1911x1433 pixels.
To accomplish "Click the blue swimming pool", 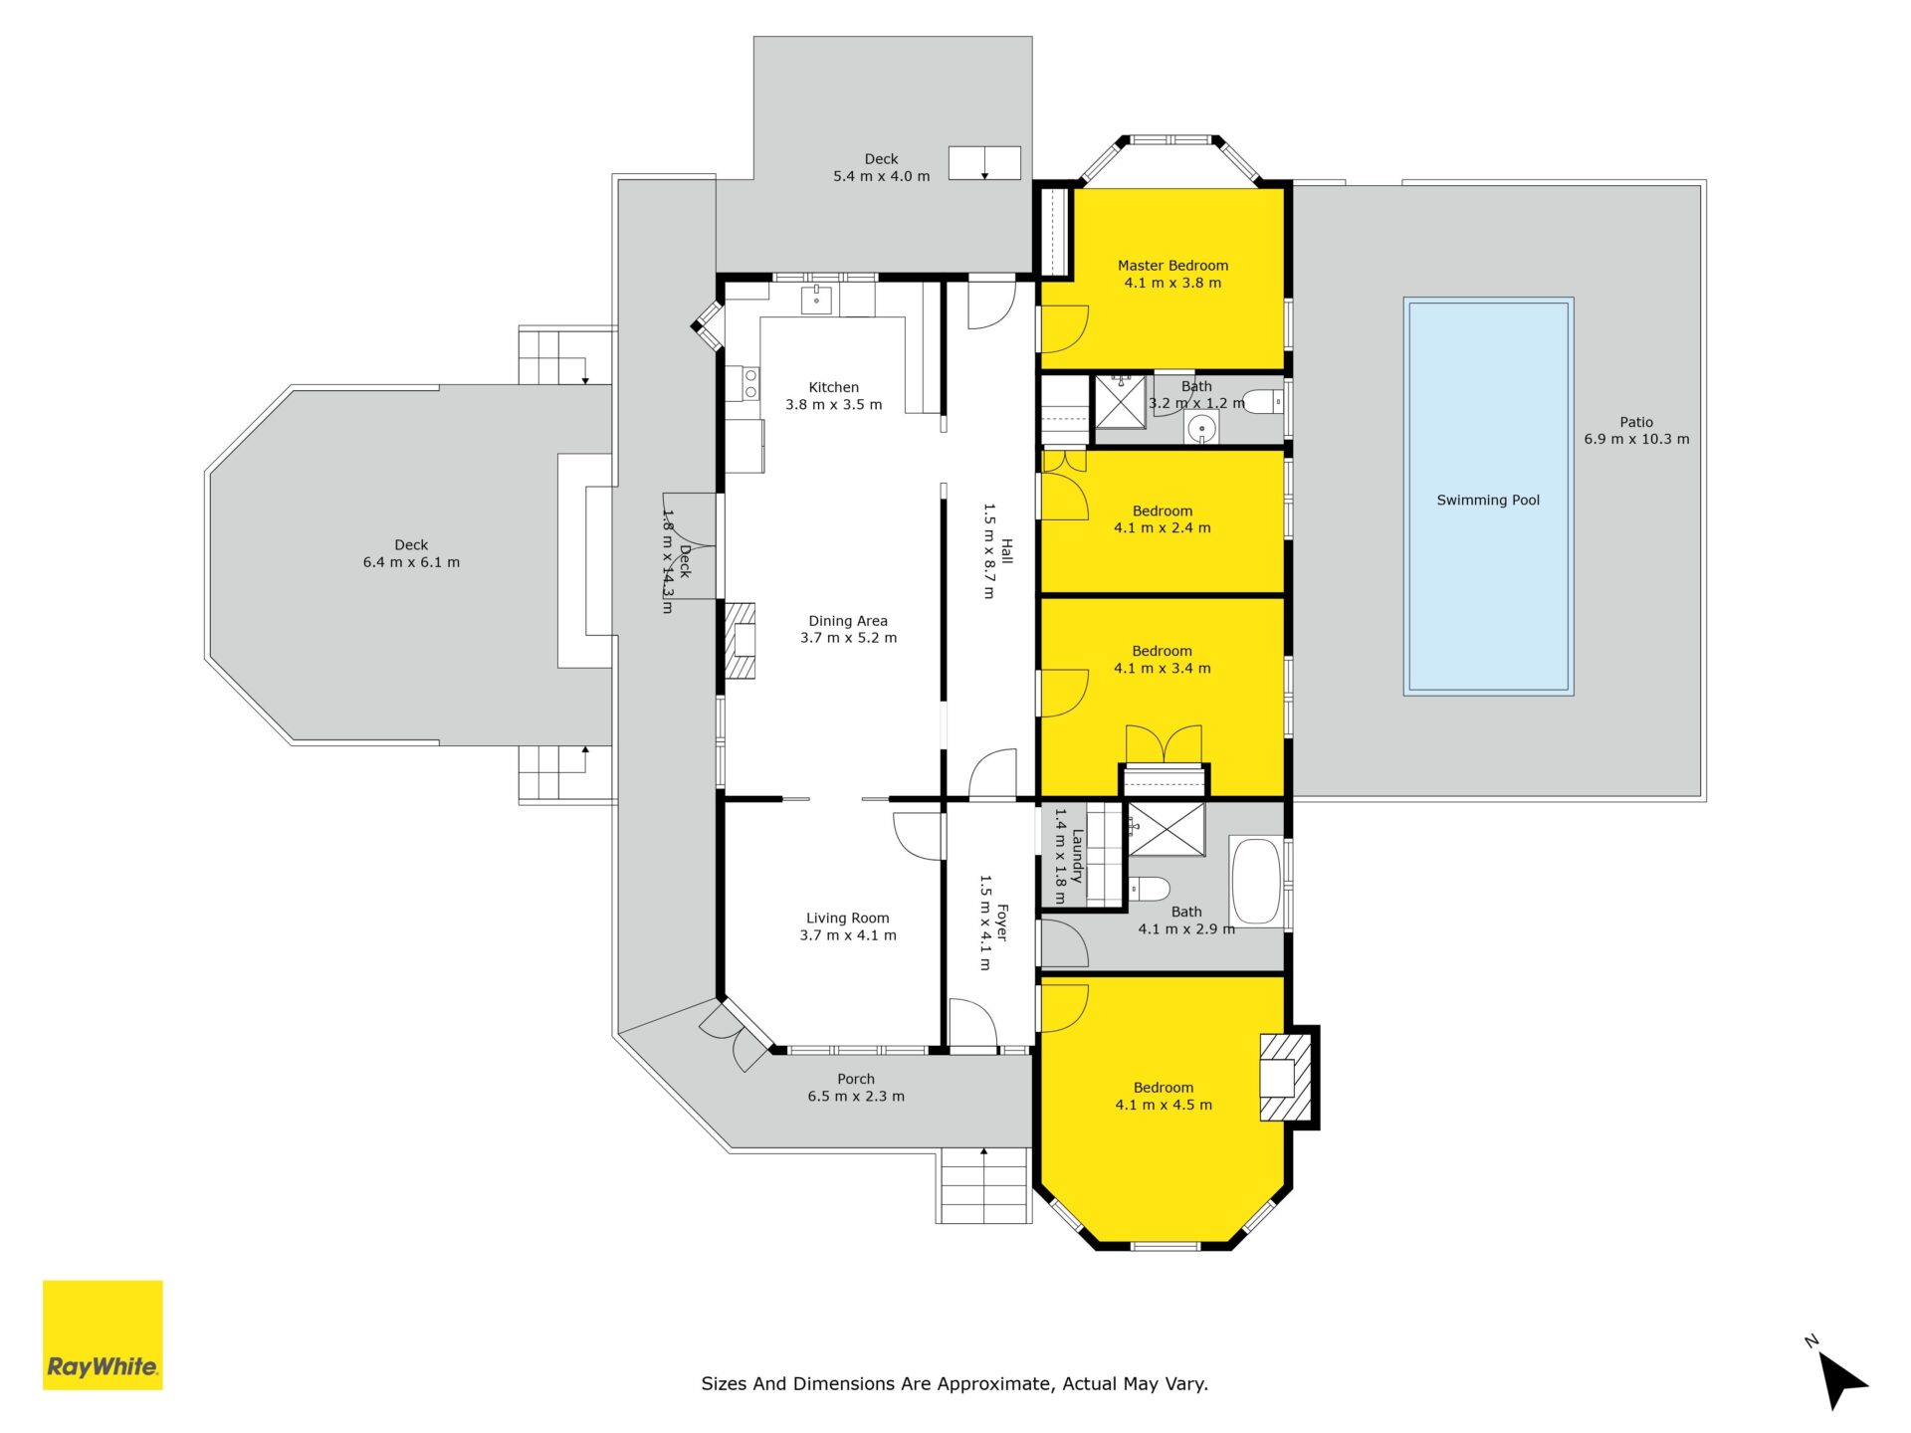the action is (1488, 496).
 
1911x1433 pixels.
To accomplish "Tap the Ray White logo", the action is (103, 1334).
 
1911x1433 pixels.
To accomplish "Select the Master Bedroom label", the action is (1172, 266).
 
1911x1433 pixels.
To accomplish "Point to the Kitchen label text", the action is (834, 387).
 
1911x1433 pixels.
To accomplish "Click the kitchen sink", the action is (816, 300).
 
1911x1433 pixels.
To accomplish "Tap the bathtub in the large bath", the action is (1258, 882).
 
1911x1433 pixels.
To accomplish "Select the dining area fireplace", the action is (740, 641).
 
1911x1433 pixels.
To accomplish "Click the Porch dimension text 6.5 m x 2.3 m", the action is (856, 1097).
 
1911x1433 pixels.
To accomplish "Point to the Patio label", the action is (1636, 422).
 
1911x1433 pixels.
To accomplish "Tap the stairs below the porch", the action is (983, 1185).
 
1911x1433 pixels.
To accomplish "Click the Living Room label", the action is (848, 919).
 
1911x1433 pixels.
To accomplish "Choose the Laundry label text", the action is (1077, 856).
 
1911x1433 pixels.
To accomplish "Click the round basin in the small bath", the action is (1202, 429).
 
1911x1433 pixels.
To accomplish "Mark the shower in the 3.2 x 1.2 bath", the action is (1120, 401).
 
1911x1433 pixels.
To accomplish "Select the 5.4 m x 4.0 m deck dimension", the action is (882, 176).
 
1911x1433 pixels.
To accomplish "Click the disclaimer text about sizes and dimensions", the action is (955, 1383).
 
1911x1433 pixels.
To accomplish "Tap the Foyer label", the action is (1002, 922).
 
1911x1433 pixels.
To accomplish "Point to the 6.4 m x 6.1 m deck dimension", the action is (411, 562).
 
